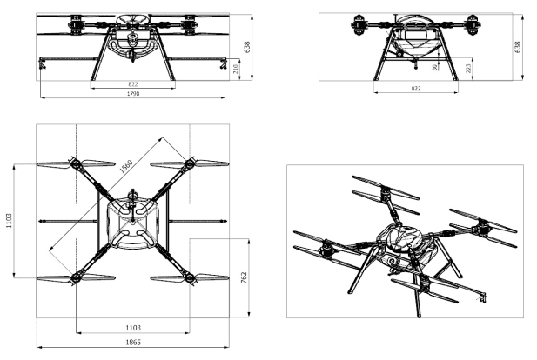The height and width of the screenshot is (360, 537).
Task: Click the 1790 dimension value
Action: (x=133, y=94)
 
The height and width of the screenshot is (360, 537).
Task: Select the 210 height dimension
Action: (x=236, y=70)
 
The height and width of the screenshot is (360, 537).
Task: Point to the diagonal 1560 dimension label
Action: (x=126, y=166)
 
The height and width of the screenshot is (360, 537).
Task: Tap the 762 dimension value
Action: (x=244, y=278)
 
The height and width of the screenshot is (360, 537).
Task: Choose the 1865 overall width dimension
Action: (x=133, y=343)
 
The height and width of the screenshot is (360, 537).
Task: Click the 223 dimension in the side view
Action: (x=469, y=68)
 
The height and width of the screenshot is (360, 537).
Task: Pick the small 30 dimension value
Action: (x=435, y=68)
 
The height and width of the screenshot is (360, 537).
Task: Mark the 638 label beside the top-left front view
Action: (x=247, y=47)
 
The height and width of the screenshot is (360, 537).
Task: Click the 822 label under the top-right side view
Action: (x=415, y=89)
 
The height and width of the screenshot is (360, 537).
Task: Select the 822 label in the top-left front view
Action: (x=133, y=84)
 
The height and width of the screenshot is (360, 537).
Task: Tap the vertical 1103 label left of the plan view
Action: (x=9, y=220)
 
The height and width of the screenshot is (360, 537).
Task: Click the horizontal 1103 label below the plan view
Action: (x=133, y=328)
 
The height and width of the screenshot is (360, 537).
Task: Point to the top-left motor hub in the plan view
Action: (x=76, y=163)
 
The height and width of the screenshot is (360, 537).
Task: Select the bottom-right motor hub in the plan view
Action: (x=190, y=278)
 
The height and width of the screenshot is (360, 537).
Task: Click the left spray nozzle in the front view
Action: (x=42, y=63)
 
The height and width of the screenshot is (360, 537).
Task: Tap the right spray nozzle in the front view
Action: (x=224, y=63)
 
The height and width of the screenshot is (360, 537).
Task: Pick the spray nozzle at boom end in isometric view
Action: (x=482, y=297)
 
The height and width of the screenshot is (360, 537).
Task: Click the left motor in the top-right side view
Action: (x=359, y=25)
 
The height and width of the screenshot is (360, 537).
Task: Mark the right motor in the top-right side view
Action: (x=473, y=25)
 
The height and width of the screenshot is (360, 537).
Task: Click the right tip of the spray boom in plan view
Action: (x=226, y=222)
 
